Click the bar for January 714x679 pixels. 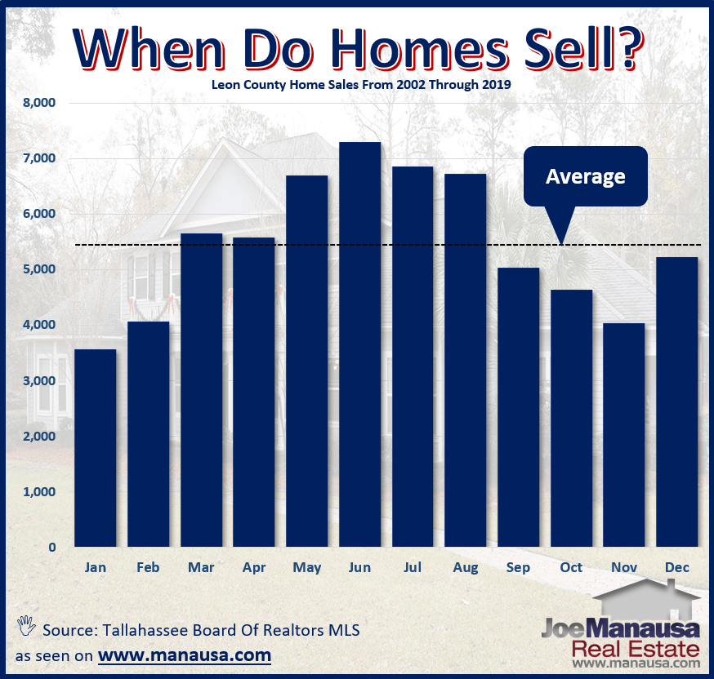point(96,448)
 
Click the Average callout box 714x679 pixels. point(585,176)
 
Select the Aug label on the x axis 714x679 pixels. point(465,567)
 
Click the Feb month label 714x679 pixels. point(148,567)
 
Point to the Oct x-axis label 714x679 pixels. point(571,567)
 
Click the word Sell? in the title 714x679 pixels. point(569,50)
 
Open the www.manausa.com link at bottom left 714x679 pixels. point(184,655)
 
